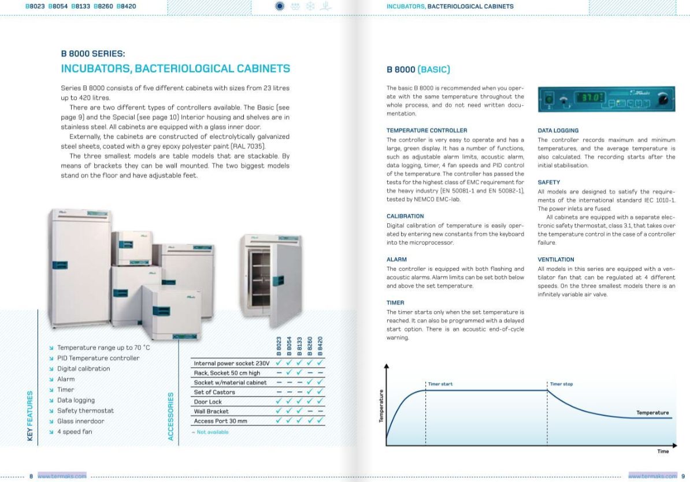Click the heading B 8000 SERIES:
click(x=92, y=54)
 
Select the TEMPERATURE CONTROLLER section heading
click(x=426, y=130)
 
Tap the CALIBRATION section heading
click(x=405, y=216)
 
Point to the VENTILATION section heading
click(x=556, y=260)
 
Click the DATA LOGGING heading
click(x=558, y=130)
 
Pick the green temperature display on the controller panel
click(x=590, y=98)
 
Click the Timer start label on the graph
click(x=440, y=384)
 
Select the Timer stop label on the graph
click(x=562, y=384)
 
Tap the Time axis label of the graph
click(x=663, y=451)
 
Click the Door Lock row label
click(x=208, y=402)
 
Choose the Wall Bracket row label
click(x=212, y=412)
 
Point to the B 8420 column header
click(x=320, y=346)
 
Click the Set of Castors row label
click(x=214, y=392)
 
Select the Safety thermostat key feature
click(x=86, y=410)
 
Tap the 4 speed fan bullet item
click(x=75, y=432)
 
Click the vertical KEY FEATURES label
click(x=30, y=416)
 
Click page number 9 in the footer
click(x=682, y=476)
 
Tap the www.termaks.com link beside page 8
click(x=62, y=476)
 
